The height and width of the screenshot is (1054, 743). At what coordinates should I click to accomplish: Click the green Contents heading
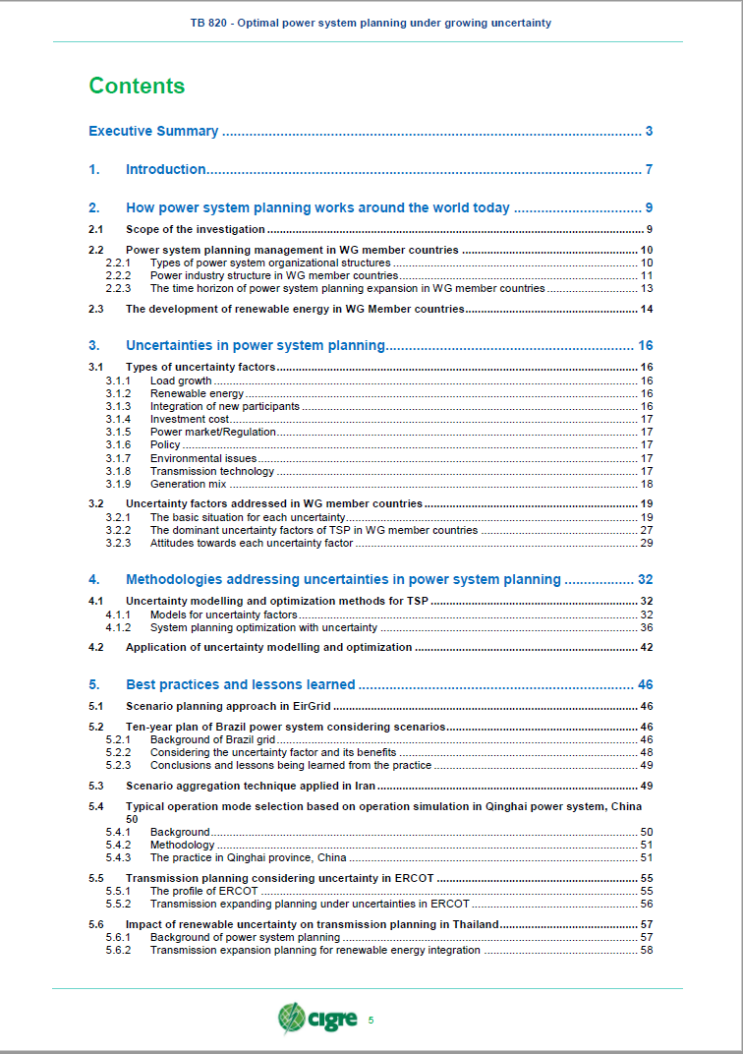(137, 87)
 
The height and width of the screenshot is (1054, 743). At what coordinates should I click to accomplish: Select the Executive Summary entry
(153, 132)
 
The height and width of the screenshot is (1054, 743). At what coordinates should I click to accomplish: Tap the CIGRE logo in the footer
(317, 1019)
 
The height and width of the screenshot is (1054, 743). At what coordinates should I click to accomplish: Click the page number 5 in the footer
(371, 1020)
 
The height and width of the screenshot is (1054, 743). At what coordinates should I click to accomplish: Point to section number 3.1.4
(118, 419)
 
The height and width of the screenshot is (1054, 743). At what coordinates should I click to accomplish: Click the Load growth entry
(181, 381)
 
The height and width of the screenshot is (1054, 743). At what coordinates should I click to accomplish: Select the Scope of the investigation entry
(196, 230)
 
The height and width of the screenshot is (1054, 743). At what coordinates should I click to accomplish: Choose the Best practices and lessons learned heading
(240, 684)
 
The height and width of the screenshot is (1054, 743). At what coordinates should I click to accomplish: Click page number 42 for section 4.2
(646, 647)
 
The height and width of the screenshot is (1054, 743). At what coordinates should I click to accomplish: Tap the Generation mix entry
(188, 484)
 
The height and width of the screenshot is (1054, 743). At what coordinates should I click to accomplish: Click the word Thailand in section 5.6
(475, 924)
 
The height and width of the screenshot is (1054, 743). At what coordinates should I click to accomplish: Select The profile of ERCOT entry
(203, 891)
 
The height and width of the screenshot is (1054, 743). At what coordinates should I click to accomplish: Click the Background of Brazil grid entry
(212, 738)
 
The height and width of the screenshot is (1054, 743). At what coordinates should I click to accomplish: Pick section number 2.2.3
(118, 289)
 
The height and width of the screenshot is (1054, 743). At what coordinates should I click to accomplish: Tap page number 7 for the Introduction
(649, 170)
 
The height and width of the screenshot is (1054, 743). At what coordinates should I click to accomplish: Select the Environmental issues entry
(203, 458)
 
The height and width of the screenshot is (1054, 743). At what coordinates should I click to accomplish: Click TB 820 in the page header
(210, 23)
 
